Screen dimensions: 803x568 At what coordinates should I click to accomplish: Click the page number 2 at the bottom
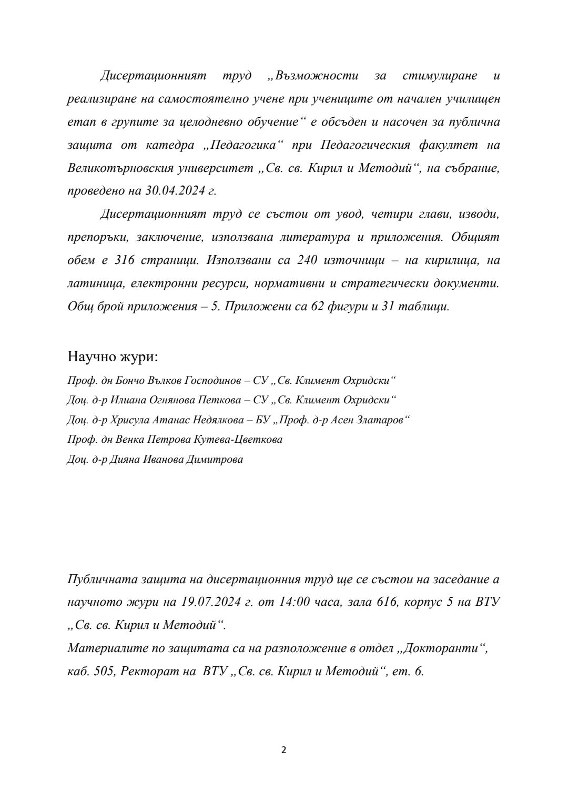284,750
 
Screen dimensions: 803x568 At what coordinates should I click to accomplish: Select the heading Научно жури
113,357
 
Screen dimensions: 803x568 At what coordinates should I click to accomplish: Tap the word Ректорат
149,672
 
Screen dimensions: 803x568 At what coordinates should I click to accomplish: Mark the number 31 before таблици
390,307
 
